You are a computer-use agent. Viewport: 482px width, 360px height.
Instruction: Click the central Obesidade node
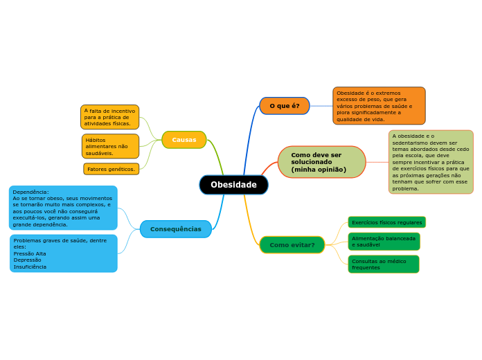tap(233, 185)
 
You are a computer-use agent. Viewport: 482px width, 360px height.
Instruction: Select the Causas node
tap(184, 140)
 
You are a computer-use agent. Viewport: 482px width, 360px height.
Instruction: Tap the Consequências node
tap(176, 229)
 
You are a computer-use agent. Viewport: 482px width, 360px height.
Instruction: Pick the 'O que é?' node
tap(285, 106)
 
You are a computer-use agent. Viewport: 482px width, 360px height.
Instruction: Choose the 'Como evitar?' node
tap(292, 245)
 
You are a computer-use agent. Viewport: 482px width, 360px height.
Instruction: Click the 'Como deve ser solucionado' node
tap(321, 162)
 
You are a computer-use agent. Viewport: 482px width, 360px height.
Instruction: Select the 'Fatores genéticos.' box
tap(111, 169)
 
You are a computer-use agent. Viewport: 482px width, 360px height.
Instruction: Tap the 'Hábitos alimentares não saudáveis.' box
tap(110, 146)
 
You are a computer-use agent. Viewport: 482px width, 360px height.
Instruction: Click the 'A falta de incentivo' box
tap(109, 117)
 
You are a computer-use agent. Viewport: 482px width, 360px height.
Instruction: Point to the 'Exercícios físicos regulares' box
tap(386, 222)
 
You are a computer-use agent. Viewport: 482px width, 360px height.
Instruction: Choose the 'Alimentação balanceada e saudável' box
tap(384, 242)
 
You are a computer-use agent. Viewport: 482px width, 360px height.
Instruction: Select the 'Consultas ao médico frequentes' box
tap(383, 264)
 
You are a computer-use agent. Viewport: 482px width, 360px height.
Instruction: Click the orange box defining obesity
tap(379, 106)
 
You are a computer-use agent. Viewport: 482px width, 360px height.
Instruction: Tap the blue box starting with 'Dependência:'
tap(63, 208)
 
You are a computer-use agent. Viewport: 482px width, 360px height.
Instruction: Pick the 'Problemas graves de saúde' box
tap(63, 253)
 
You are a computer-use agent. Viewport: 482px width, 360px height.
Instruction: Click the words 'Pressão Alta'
tap(30, 253)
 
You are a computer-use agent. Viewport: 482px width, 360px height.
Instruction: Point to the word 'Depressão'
tap(28, 260)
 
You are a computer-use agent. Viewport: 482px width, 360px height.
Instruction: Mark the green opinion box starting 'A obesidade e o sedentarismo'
tap(431, 162)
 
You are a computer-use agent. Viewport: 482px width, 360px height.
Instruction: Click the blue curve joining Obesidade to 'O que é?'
tap(248, 138)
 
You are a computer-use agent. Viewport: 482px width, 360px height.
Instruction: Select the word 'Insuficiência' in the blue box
tap(30, 267)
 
